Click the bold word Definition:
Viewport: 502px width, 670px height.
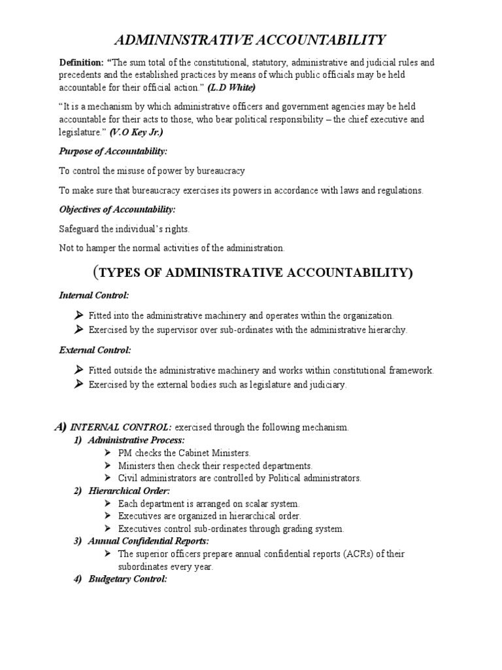(80, 63)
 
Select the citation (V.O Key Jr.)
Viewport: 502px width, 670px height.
(137, 132)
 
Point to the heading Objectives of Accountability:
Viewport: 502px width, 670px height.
(118, 209)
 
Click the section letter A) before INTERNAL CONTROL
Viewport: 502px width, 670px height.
(61, 427)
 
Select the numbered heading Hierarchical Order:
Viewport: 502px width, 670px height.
(129, 490)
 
